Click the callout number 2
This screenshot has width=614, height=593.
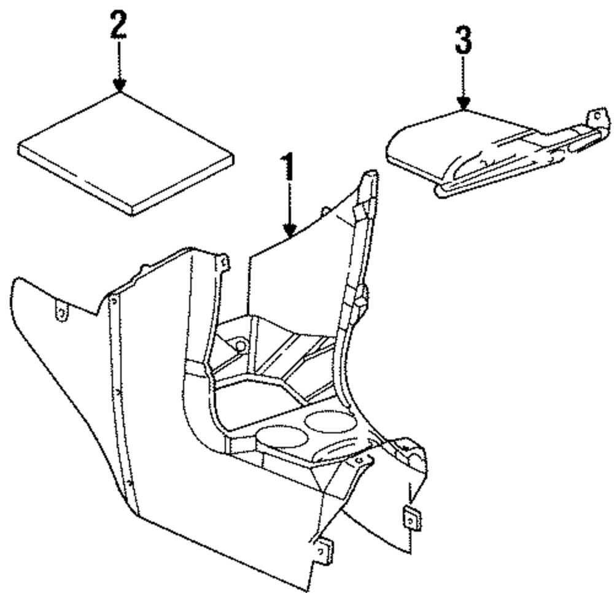pos(118,25)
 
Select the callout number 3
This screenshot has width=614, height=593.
pos(464,41)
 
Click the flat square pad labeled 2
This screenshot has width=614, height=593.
pos(126,153)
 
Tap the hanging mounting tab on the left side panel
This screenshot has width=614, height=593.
pos(61,311)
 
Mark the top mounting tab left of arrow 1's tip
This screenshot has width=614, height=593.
pos(225,263)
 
